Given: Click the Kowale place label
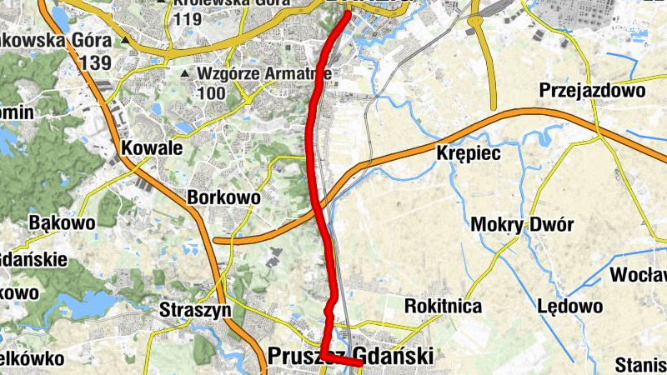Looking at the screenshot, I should [151, 147].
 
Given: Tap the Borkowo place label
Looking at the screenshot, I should [224, 198].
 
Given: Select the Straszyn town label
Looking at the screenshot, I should [194, 310].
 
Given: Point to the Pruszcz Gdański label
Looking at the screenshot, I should [350, 357].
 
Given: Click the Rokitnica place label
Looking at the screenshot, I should [443, 306].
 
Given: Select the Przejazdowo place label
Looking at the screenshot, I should [592, 90].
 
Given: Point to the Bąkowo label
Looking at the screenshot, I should [62, 223].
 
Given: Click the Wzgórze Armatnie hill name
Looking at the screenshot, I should [264, 73].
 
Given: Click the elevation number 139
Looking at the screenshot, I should [97, 62].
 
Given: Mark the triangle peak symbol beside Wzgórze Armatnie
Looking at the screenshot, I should [184, 74].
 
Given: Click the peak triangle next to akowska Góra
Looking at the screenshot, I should [125, 39].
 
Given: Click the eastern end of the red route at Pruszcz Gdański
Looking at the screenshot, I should [359, 364].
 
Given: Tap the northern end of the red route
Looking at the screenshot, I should [348, 12].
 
